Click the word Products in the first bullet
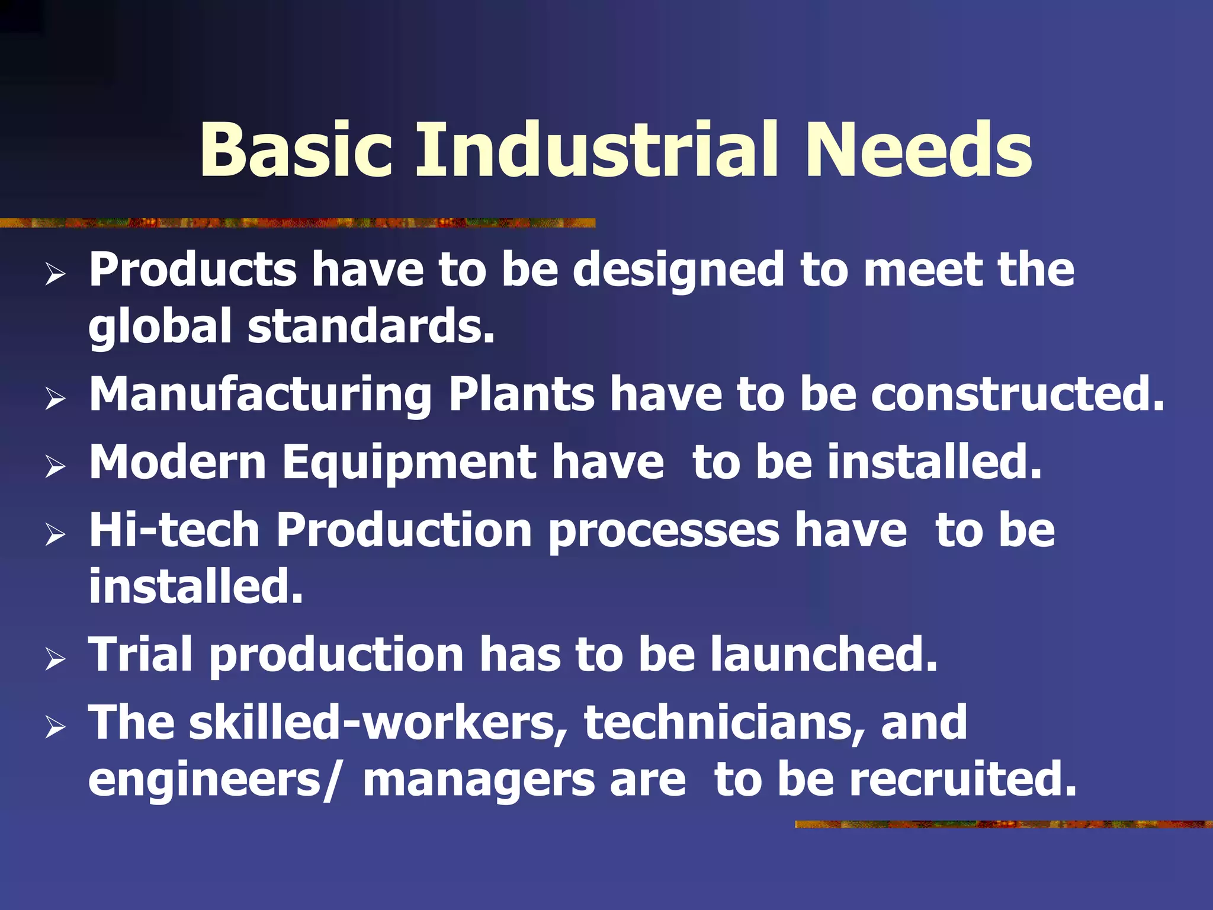pyautogui.click(x=192, y=270)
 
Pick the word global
pyautogui.click(x=159, y=328)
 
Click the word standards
pyautogui.click(x=371, y=326)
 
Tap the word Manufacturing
pyautogui.click(x=260, y=396)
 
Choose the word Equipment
pyautogui.click(x=409, y=464)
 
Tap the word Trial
pyautogui.click(x=141, y=654)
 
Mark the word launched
pyautogui.click(x=824, y=654)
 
